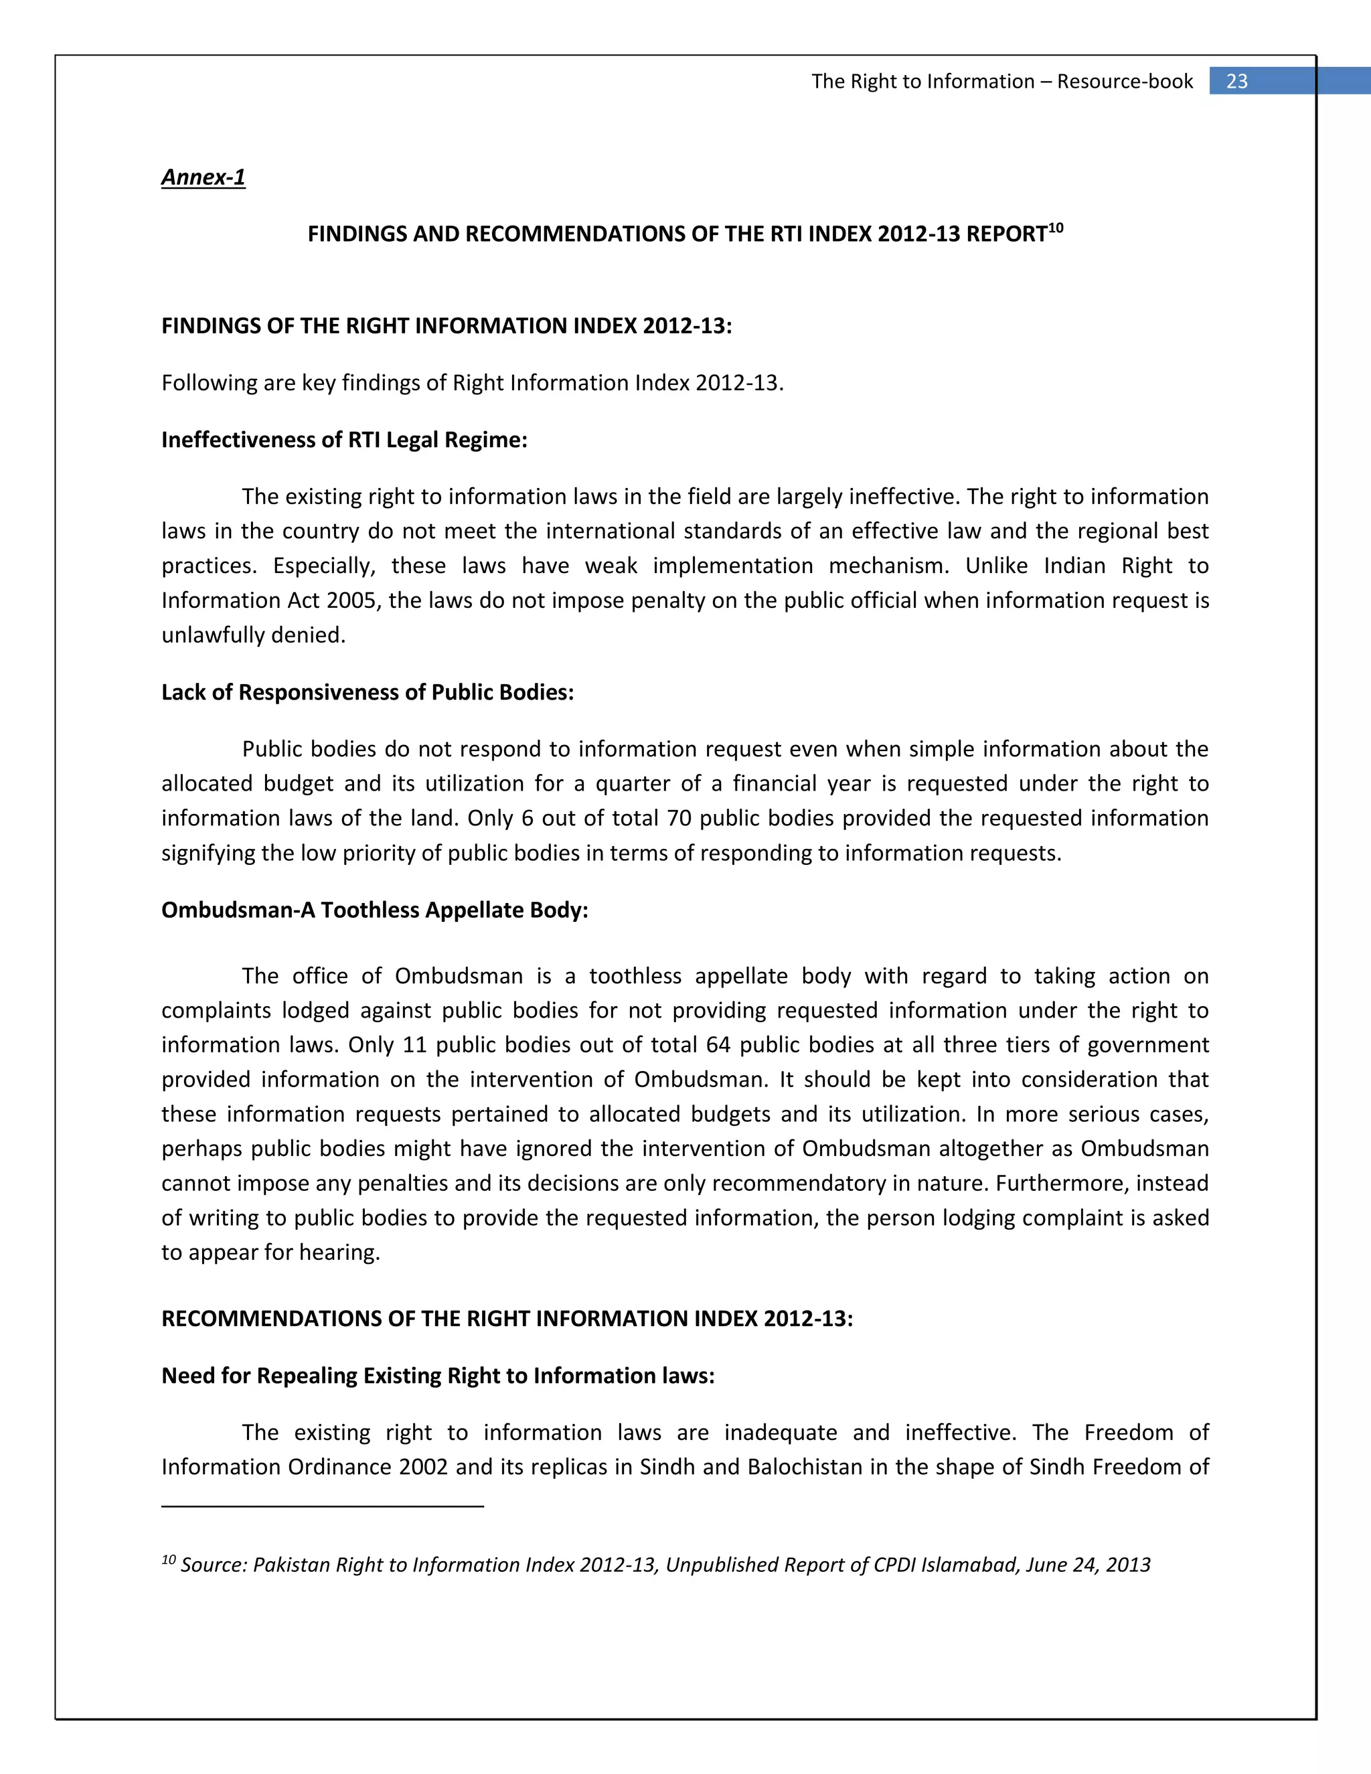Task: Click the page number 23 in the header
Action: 1236,81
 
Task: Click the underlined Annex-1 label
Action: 203,177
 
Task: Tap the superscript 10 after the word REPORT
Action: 1055,228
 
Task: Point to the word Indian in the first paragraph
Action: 1074,566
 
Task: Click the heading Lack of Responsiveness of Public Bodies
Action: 367,692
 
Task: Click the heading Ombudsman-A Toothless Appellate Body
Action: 374,910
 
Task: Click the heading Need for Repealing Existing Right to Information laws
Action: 438,1375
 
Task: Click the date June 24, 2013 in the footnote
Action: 1088,1565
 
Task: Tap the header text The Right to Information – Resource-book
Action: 1001,81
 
